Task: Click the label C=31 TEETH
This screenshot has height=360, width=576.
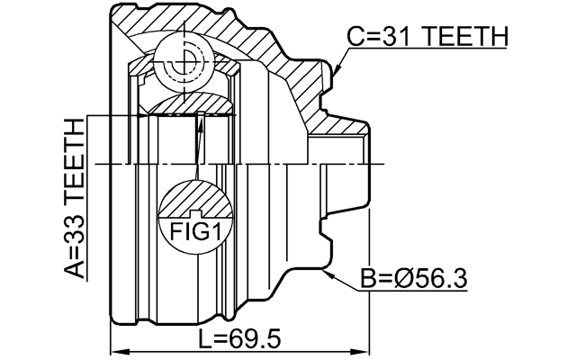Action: coord(427,36)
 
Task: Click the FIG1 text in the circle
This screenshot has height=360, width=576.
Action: coord(195,233)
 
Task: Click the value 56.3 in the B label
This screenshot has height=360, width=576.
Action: coord(439,279)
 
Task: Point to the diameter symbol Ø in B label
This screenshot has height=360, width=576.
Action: coord(403,279)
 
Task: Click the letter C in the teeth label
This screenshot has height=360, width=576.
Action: coord(355,36)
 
